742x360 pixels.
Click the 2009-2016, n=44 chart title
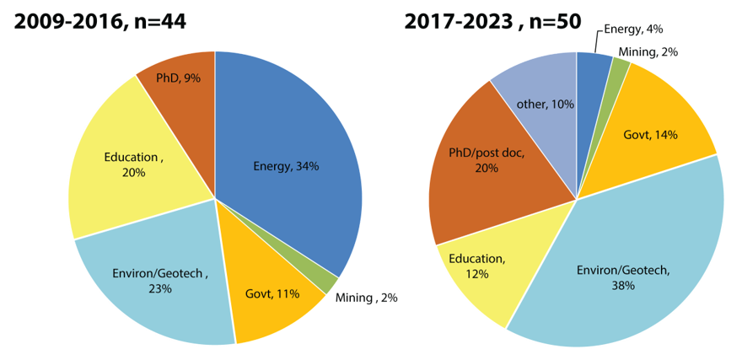coord(99,22)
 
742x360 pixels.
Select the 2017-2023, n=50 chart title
coord(492,22)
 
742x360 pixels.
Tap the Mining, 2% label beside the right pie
coord(648,51)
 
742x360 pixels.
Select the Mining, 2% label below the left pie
coord(367,298)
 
